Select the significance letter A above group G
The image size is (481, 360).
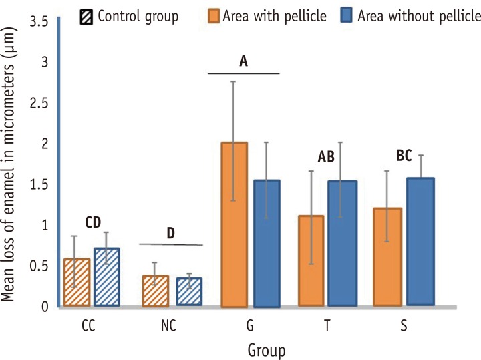(x=244, y=62)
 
